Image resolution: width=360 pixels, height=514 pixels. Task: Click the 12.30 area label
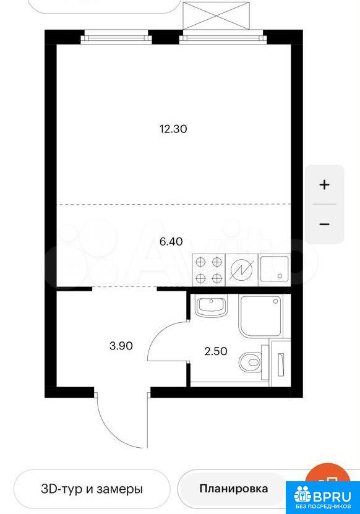[173, 129]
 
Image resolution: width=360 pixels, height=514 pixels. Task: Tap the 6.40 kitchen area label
[171, 242]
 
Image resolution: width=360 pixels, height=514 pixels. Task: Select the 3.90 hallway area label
[121, 346]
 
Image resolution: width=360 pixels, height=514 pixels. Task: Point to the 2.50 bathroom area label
[215, 351]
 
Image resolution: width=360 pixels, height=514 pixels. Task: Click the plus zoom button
[324, 185]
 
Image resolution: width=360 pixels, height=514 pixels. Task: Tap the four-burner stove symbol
[208, 270]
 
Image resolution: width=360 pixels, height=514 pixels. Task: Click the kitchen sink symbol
[275, 270]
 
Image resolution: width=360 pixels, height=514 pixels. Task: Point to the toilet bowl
[251, 362]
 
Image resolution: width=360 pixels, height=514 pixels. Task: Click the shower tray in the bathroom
[261, 317]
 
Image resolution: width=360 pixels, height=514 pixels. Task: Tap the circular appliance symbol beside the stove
[242, 270]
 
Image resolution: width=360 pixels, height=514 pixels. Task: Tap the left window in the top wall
[116, 36]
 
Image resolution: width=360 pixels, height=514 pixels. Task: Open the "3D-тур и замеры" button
[92, 489]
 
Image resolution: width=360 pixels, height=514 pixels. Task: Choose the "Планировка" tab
[233, 489]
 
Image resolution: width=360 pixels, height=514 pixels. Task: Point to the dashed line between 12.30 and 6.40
[174, 204]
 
